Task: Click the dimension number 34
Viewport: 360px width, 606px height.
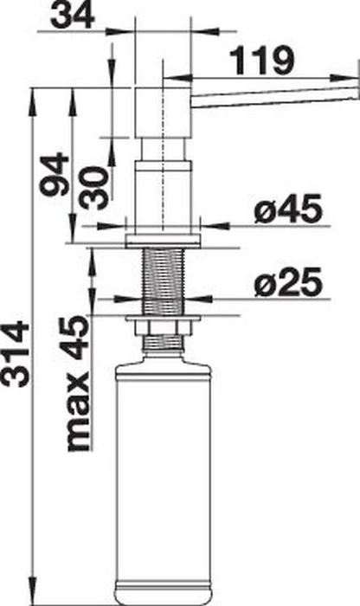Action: click(x=73, y=16)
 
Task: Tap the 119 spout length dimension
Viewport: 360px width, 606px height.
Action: click(x=262, y=61)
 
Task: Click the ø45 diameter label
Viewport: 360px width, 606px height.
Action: click(x=288, y=210)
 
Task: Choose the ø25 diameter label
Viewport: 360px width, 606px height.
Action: click(x=288, y=281)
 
